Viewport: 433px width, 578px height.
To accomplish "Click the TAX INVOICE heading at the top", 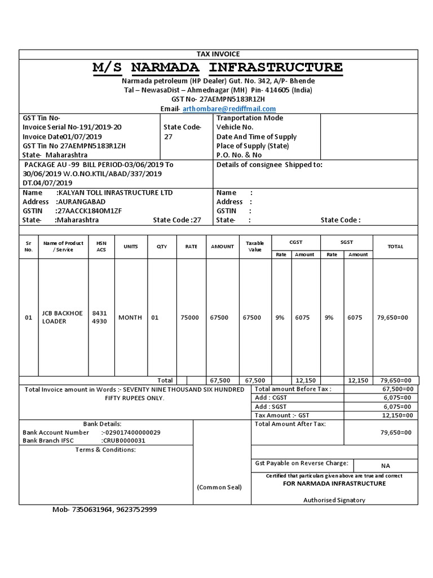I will tap(218, 54).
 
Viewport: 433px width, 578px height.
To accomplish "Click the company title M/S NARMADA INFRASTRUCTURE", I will tap(218, 68).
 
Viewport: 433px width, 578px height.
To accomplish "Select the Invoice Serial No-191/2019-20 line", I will tap(72, 127).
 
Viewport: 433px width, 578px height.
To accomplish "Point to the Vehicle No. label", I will tap(235, 127).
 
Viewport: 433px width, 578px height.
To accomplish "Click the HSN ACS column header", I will tap(101, 246).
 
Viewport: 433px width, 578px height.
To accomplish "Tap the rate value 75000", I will tap(189, 318).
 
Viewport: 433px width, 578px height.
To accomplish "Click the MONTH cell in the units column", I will tap(130, 318).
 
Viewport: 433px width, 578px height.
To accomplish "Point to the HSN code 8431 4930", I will tap(99, 317).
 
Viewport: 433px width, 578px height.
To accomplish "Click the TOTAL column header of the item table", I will tap(395, 246).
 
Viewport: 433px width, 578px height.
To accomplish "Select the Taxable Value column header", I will tap(255, 246).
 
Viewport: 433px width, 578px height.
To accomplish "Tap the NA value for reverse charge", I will tap(385, 466).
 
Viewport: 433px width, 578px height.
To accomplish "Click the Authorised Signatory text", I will tap(334, 500).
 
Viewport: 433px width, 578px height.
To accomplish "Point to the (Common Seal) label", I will tap(219, 487).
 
